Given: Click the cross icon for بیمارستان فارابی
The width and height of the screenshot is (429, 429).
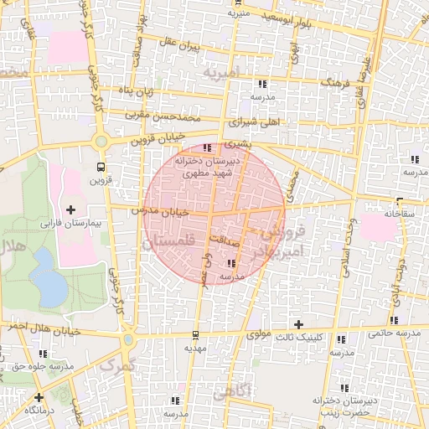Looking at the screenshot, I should pyautogui.click(x=70, y=209).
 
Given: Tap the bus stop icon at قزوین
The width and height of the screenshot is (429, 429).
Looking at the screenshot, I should pyautogui.click(x=101, y=166).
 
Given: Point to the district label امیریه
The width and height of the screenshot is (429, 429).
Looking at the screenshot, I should pyautogui.click(x=221, y=73).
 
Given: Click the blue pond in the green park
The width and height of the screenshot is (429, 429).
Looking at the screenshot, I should pyautogui.click(x=50, y=287).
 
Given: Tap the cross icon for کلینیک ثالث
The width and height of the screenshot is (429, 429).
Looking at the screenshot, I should pyautogui.click(x=298, y=323).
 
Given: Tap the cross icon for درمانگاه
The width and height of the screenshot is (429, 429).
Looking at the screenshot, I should pyautogui.click(x=39, y=396).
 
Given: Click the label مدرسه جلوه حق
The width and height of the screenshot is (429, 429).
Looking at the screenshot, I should pyautogui.click(x=37, y=366).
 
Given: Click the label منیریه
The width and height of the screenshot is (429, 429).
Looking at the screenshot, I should pyautogui.click(x=253, y=14).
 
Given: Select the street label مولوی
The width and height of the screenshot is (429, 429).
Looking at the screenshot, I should pyautogui.click(x=261, y=333).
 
